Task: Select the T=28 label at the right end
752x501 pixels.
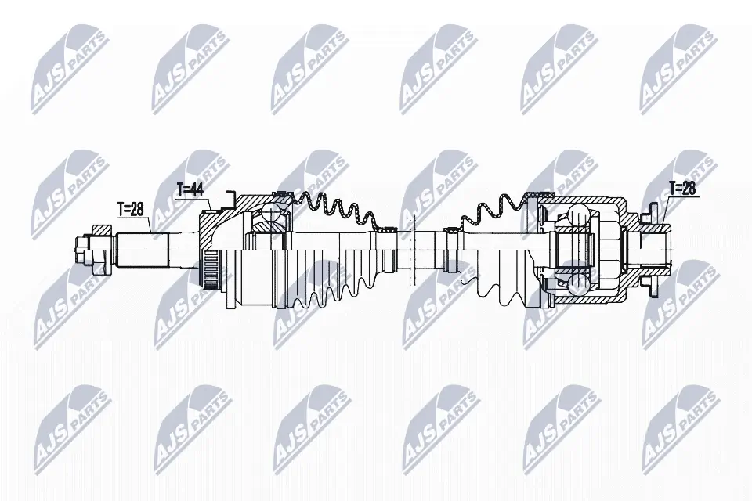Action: [681, 189]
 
